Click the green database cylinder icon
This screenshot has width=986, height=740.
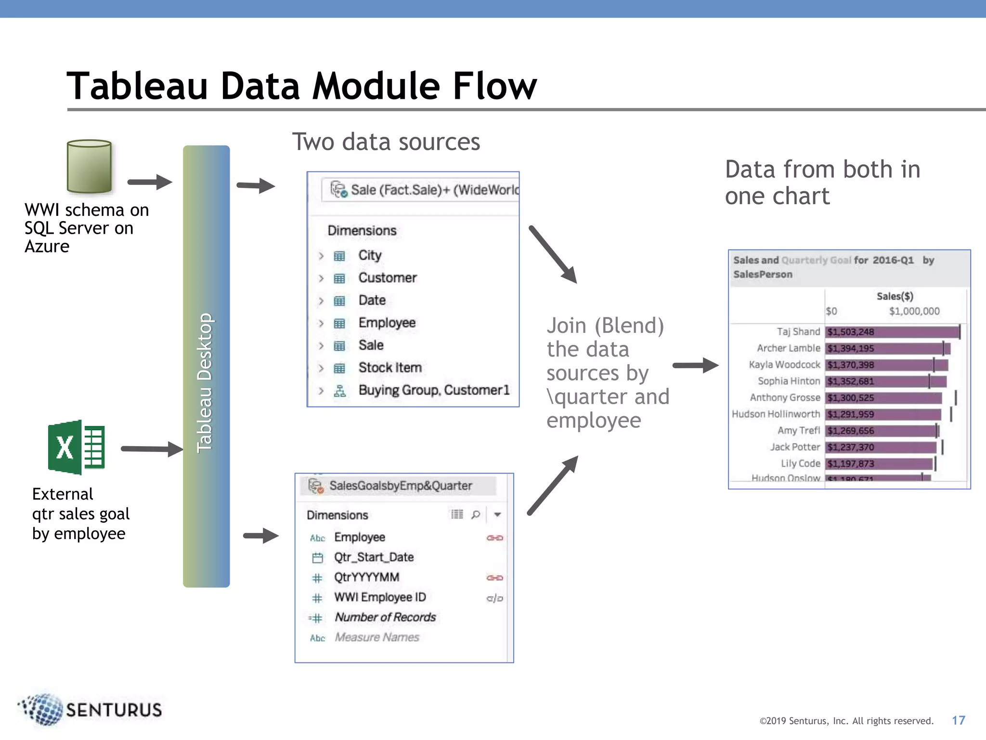tap(90, 167)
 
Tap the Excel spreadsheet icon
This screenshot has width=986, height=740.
tap(77, 447)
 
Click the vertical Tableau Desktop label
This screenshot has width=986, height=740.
tap(205, 383)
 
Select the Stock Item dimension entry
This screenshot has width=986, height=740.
tap(389, 368)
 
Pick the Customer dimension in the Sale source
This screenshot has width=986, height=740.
tap(387, 278)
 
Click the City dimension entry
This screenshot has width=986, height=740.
tap(370, 255)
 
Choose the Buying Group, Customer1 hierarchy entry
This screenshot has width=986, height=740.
tap(433, 390)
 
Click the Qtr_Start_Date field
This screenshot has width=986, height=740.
tap(374, 557)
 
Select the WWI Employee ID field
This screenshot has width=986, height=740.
tap(380, 597)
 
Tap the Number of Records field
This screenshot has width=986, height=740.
tap(385, 618)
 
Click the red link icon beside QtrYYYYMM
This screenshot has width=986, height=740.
tap(494, 578)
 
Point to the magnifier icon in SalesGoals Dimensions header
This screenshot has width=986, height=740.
tap(476, 515)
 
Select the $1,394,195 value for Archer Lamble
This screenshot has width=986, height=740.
tap(851, 348)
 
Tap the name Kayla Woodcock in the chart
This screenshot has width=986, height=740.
tap(784, 365)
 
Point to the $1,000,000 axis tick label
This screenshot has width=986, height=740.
tap(914, 311)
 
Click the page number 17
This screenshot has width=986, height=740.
tap(958, 720)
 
